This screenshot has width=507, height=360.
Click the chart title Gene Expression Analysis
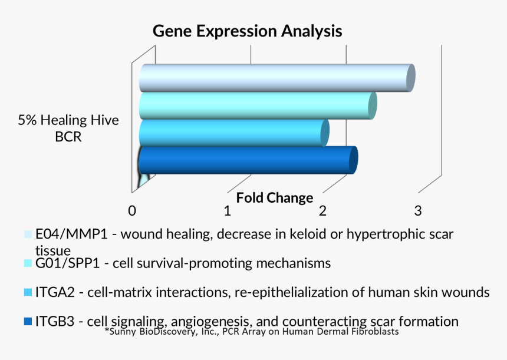247,31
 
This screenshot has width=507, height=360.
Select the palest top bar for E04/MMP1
274,78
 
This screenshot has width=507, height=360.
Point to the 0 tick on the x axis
133,210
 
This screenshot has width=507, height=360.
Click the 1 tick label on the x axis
227,210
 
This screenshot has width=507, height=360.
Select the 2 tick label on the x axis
322,210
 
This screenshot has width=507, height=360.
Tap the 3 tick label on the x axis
417,210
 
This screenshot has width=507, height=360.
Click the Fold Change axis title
275,198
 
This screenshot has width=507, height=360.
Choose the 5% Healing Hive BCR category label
68,128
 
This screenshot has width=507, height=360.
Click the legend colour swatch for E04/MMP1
28,235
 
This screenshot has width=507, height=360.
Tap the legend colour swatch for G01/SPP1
28,263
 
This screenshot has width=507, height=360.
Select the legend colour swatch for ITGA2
28,292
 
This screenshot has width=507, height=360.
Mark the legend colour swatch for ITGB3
28,322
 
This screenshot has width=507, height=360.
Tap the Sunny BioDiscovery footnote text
252,332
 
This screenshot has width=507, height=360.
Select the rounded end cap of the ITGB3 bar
353,160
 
